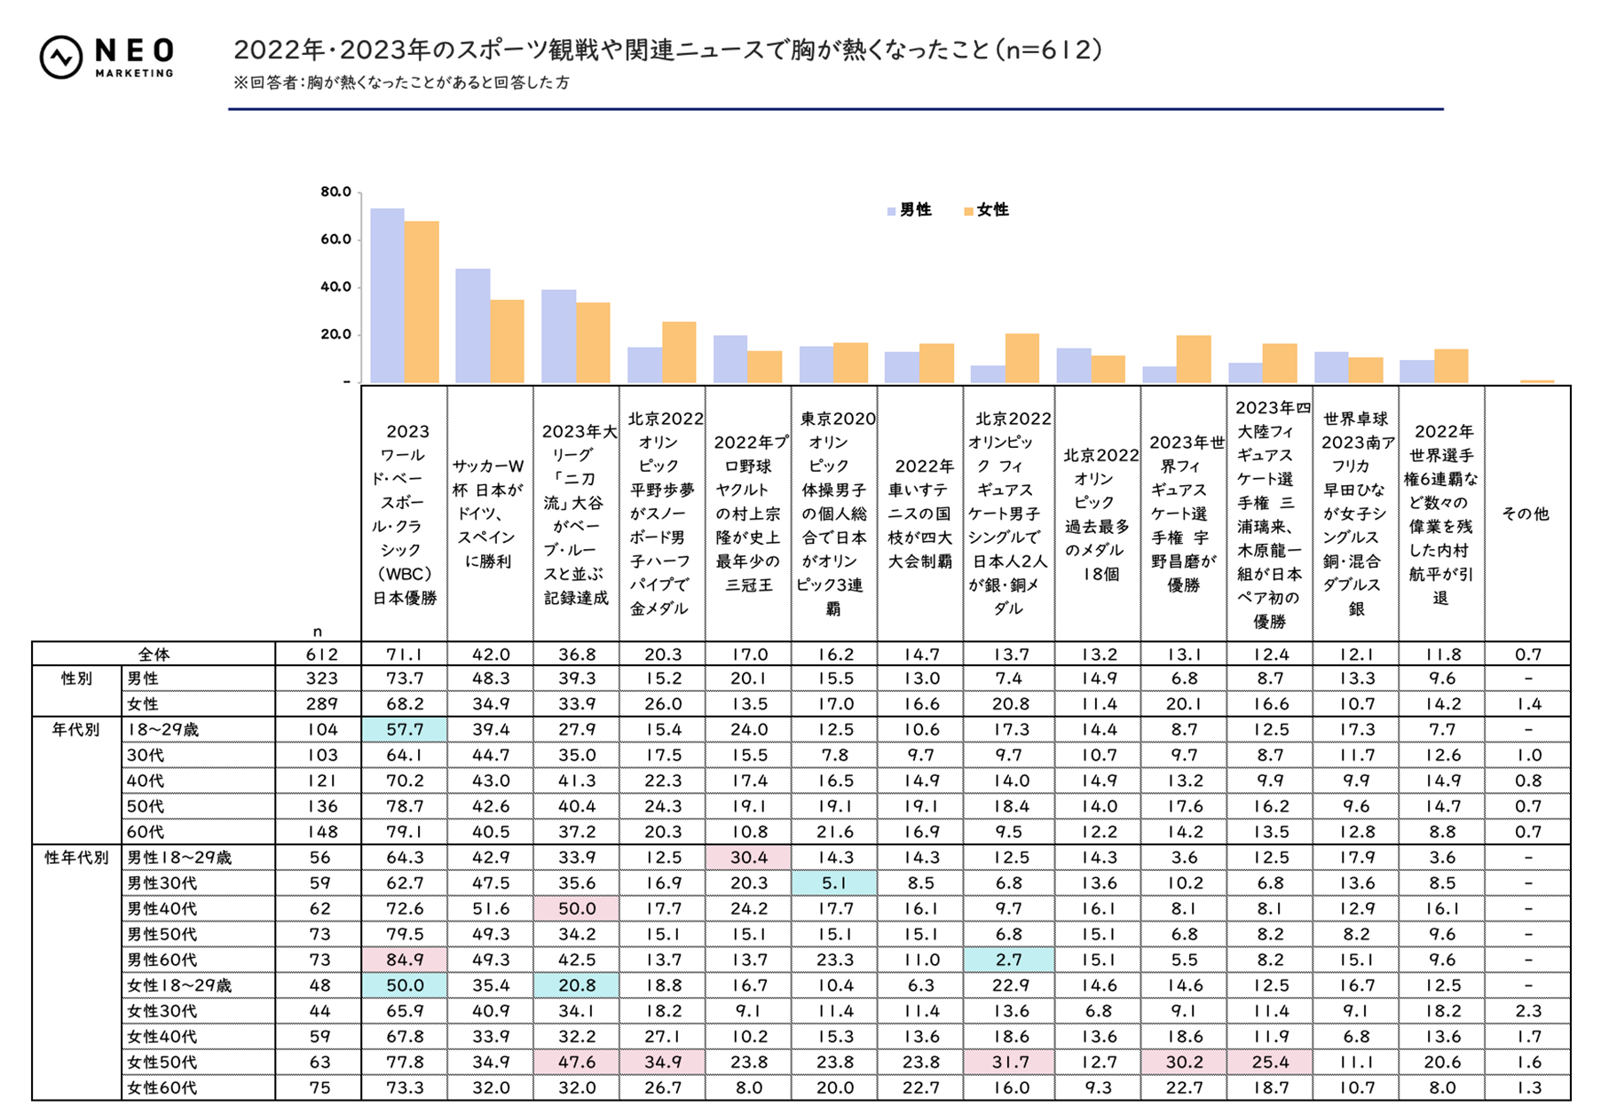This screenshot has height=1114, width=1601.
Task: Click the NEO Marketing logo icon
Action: tap(61, 58)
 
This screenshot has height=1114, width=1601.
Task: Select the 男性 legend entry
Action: tap(909, 210)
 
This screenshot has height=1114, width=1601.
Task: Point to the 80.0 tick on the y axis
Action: tap(335, 192)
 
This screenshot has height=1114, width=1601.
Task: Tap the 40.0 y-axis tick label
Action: tap(335, 286)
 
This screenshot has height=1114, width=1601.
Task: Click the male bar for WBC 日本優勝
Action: tap(387, 295)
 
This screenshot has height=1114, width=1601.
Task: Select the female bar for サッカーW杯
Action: tap(507, 341)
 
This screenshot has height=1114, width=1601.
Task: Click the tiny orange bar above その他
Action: tap(1536, 381)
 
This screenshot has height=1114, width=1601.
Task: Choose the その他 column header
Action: tap(1526, 514)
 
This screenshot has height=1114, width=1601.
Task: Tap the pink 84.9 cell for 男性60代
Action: tap(405, 960)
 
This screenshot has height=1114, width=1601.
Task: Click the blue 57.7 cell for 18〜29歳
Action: tap(405, 729)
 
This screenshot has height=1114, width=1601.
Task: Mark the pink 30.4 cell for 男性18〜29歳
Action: tap(748, 858)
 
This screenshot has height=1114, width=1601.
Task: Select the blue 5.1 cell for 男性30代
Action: tap(834, 883)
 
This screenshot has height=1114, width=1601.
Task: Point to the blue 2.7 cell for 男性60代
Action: tap(1009, 960)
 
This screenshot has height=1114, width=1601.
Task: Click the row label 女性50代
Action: tap(162, 1062)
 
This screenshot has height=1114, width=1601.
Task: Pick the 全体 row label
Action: tap(154, 655)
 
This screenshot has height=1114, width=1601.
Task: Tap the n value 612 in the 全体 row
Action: tap(321, 655)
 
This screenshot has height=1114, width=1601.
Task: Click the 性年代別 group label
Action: tap(76, 858)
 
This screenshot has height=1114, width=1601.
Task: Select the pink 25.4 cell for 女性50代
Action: tap(1270, 1062)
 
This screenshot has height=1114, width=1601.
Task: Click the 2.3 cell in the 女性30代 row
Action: tap(1527, 1011)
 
